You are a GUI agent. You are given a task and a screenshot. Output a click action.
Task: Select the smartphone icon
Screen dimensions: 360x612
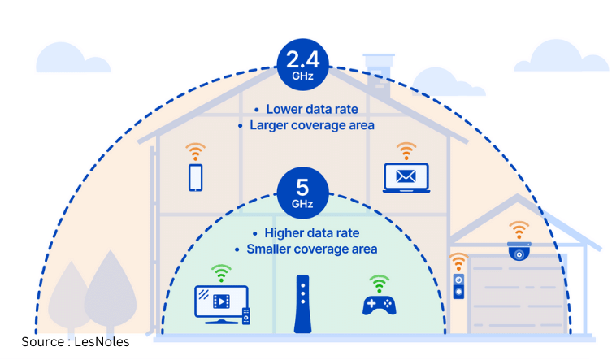pyautogui.click(x=195, y=178)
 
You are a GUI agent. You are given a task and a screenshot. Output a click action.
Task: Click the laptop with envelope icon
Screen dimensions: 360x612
pyautogui.click(x=406, y=178)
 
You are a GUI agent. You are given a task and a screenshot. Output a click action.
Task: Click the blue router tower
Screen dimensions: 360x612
pyautogui.click(x=302, y=305)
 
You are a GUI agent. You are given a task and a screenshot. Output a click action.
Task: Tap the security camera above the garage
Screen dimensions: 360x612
pyautogui.click(x=518, y=252)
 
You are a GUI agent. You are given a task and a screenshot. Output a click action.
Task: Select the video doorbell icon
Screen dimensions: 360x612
pyautogui.click(x=459, y=288)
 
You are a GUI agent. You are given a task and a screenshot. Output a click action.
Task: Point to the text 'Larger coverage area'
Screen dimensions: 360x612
pyautogui.click(x=306, y=125)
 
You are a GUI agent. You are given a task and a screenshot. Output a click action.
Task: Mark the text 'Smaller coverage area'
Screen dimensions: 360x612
pyautogui.click(x=306, y=249)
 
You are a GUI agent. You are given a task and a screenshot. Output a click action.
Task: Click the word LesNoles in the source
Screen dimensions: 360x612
pyautogui.click(x=102, y=342)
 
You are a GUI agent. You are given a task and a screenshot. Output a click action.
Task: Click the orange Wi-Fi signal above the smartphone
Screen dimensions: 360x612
pyautogui.click(x=195, y=151)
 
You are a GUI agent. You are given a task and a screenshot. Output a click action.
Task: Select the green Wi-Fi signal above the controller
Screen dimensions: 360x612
pyautogui.click(x=377, y=282)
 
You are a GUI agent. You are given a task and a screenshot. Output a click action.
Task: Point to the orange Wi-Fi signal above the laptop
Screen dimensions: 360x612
pyautogui.click(x=406, y=150)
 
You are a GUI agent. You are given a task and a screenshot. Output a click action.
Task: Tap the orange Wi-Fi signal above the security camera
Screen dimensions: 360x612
pyautogui.click(x=518, y=228)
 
